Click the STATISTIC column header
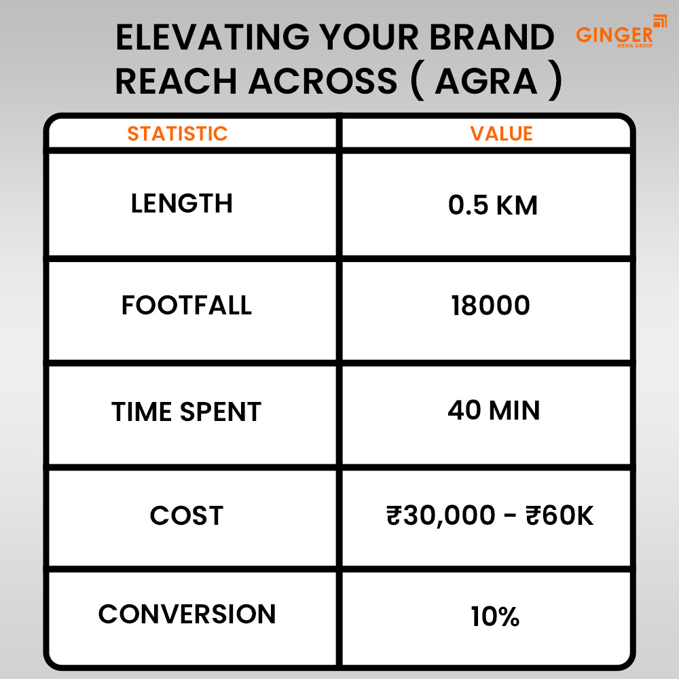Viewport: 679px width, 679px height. pyautogui.click(x=177, y=133)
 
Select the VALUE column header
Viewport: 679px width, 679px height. pyautogui.click(x=501, y=133)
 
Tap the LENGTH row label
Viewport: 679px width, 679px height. pyautogui.click(x=181, y=204)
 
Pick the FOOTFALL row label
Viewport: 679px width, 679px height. pyautogui.click(x=186, y=306)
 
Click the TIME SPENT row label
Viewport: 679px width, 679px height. pyautogui.click(x=186, y=412)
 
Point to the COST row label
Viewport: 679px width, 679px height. pyautogui.click(x=186, y=516)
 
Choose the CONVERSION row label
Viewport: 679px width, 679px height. pyautogui.click(x=187, y=614)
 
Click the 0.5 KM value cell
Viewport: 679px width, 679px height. pyautogui.click(x=492, y=206)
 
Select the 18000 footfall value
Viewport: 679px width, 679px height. pyautogui.click(x=490, y=306)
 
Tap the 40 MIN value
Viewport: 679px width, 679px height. pyautogui.click(x=494, y=410)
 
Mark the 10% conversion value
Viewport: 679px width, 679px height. pyautogui.click(x=494, y=617)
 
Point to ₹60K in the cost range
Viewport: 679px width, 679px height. pyautogui.click(x=559, y=517)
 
